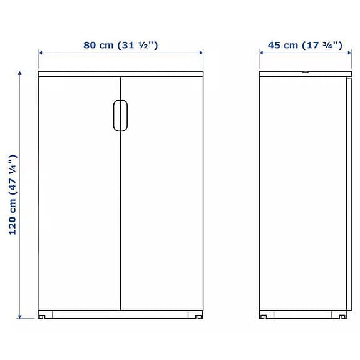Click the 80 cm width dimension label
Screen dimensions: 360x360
[121, 45]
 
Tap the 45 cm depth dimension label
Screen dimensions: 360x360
[305, 45]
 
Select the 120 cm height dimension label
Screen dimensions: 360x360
[13, 195]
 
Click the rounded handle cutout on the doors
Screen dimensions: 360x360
[121, 115]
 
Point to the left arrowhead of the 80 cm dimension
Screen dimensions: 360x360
[41, 53]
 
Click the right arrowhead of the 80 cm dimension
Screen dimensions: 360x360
[201, 53]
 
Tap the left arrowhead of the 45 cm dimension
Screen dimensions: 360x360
[261, 53]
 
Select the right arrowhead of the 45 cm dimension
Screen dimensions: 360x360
[349, 53]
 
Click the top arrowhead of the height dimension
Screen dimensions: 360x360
[20, 73]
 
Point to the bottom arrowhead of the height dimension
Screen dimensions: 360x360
[20, 317]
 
